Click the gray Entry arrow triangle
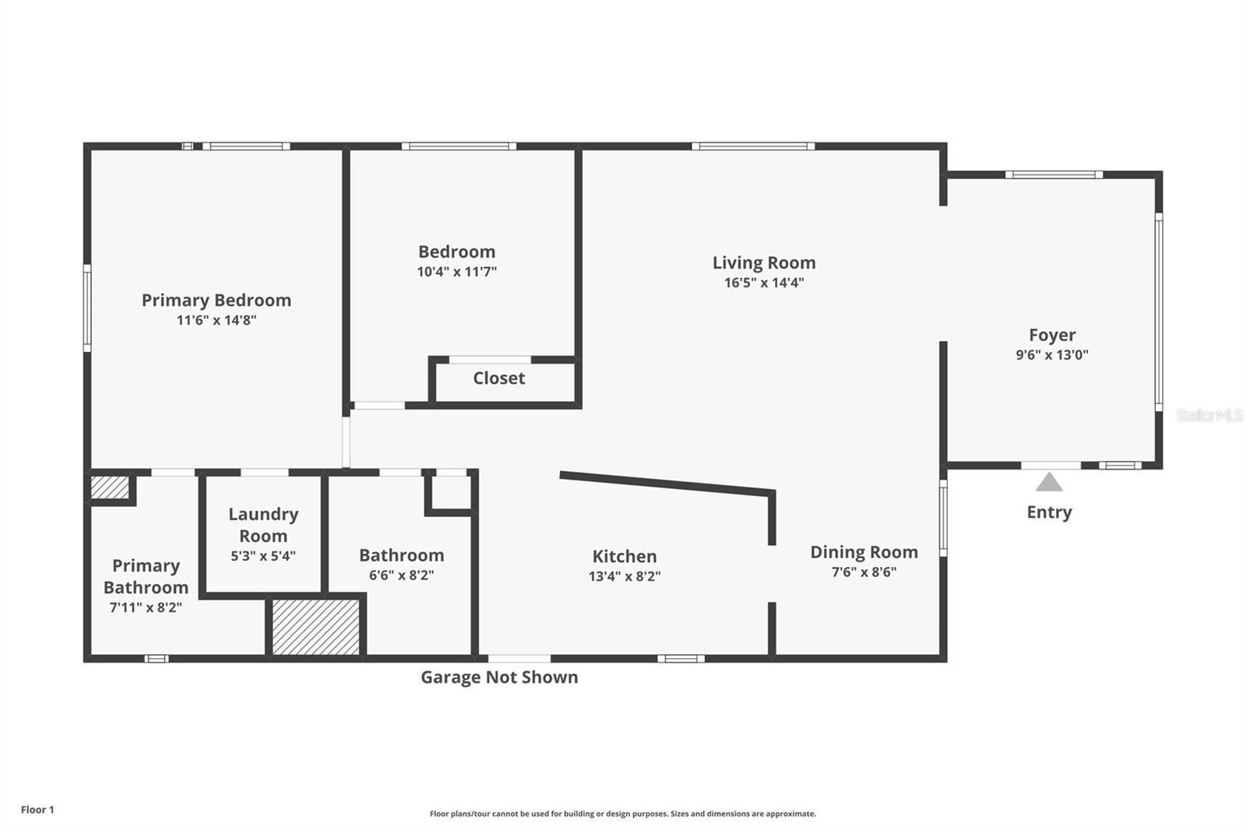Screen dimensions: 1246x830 (1049, 482)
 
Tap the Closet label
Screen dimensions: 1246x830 (499, 378)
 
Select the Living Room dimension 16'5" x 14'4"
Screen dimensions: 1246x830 (764, 283)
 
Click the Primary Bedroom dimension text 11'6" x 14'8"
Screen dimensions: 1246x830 (216, 321)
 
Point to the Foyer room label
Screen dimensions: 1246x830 (1052, 335)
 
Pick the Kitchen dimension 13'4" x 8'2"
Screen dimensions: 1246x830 (625, 576)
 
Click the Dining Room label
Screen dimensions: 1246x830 (864, 552)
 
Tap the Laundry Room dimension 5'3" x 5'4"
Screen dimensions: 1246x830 (263, 556)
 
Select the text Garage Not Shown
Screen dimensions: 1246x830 (499, 677)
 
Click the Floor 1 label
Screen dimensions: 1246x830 (37, 810)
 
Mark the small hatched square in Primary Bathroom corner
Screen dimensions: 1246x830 (110, 488)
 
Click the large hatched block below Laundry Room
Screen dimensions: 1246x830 (315, 627)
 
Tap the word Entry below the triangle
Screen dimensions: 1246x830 (1049, 512)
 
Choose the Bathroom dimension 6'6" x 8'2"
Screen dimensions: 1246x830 (401, 575)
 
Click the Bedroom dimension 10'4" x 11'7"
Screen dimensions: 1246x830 (456, 272)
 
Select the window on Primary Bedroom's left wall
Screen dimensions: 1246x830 (87, 308)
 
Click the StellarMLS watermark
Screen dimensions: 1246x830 (1209, 415)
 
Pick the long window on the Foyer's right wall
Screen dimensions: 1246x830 (1159, 312)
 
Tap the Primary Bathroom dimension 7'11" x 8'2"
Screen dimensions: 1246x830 (146, 607)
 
